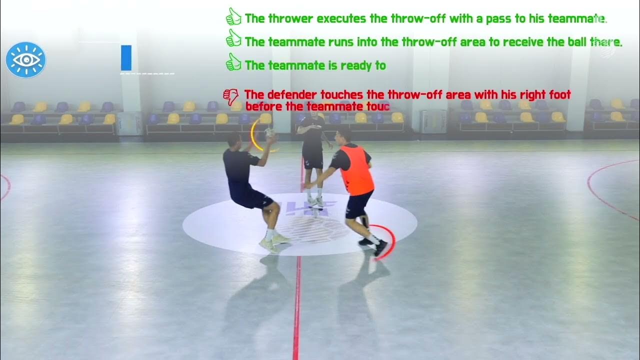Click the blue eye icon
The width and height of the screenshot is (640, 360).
pyautogui.click(x=26, y=60)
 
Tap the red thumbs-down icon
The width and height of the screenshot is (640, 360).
pyautogui.click(x=231, y=96)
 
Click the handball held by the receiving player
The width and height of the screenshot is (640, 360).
pyautogui.click(x=269, y=133)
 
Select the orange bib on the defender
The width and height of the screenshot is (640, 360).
pyautogui.click(x=357, y=169)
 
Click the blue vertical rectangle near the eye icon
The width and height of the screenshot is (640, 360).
pyautogui.click(x=126, y=57)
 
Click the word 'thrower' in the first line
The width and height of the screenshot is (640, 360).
pyautogui.click(x=290, y=19)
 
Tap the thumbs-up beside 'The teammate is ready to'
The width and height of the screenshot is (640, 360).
pyautogui.click(x=233, y=63)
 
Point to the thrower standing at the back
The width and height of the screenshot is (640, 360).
pyautogui.click(x=313, y=150)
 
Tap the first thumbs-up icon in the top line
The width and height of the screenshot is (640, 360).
pyautogui.click(x=233, y=17)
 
